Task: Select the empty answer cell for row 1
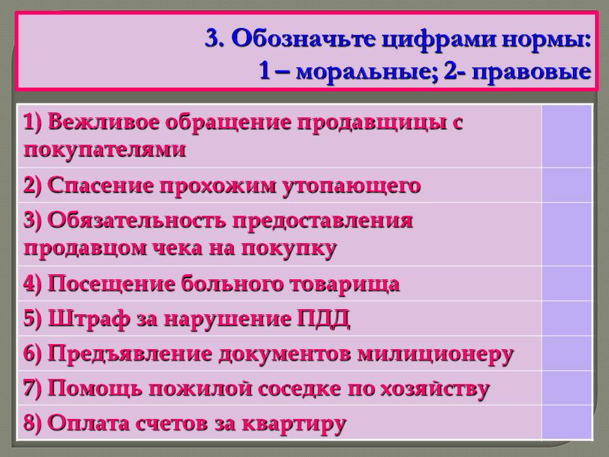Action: tap(566, 136)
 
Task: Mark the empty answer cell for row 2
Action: tap(566, 185)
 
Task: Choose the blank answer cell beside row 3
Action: tap(566, 234)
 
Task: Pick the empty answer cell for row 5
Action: tap(566, 319)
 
